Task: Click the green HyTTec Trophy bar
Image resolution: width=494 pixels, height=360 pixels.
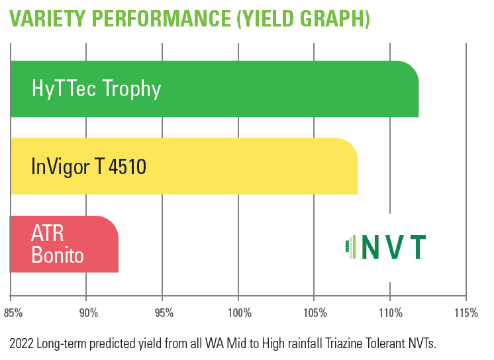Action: pyautogui.click(x=215, y=89)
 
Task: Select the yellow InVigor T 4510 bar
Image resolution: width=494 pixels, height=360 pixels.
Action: pyautogui.click(x=184, y=166)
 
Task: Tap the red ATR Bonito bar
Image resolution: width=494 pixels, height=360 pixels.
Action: pyautogui.click(x=65, y=244)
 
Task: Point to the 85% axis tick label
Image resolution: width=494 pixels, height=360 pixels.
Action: pyautogui.click(x=13, y=313)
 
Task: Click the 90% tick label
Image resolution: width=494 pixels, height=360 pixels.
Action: pyautogui.click(x=89, y=313)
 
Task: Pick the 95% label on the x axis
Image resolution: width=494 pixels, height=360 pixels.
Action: pyautogui.click(x=164, y=313)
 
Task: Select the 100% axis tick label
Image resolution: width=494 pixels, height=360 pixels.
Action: pyautogui.click(x=240, y=313)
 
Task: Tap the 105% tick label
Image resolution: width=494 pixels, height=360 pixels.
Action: pyautogui.click(x=315, y=313)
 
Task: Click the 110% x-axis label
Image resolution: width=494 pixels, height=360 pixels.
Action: pyautogui.click(x=391, y=313)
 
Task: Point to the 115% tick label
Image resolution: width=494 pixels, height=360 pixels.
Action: pyautogui.click(x=466, y=313)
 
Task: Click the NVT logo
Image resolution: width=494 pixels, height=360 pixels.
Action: pyautogui.click(x=386, y=247)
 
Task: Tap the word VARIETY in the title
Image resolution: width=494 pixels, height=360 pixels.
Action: pyautogui.click(x=47, y=19)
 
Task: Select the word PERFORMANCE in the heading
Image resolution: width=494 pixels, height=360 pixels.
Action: pyautogui.click(x=162, y=19)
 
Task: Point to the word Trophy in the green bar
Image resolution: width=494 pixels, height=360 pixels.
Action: pyautogui.click(x=132, y=89)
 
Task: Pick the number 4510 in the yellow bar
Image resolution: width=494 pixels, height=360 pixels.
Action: pyautogui.click(x=128, y=166)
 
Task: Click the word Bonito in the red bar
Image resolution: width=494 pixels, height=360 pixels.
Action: pyautogui.click(x=58, y=255)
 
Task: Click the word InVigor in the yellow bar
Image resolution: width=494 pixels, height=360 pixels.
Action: pyautogui.click(x=60, y=167)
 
